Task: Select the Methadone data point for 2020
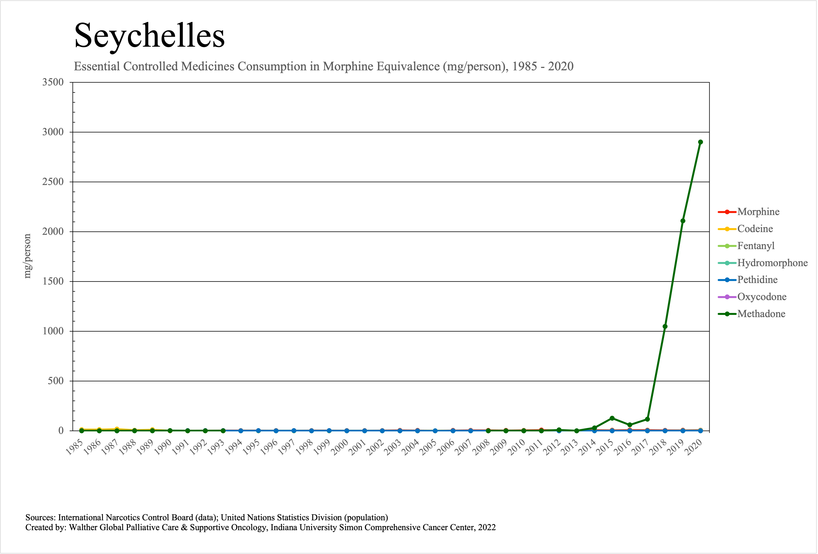[700, 142]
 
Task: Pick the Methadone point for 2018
[665, 326]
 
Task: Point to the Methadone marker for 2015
[612, 418]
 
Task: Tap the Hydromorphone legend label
[772, 263]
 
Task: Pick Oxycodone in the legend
[762, 297]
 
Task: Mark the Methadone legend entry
[761, 314]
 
